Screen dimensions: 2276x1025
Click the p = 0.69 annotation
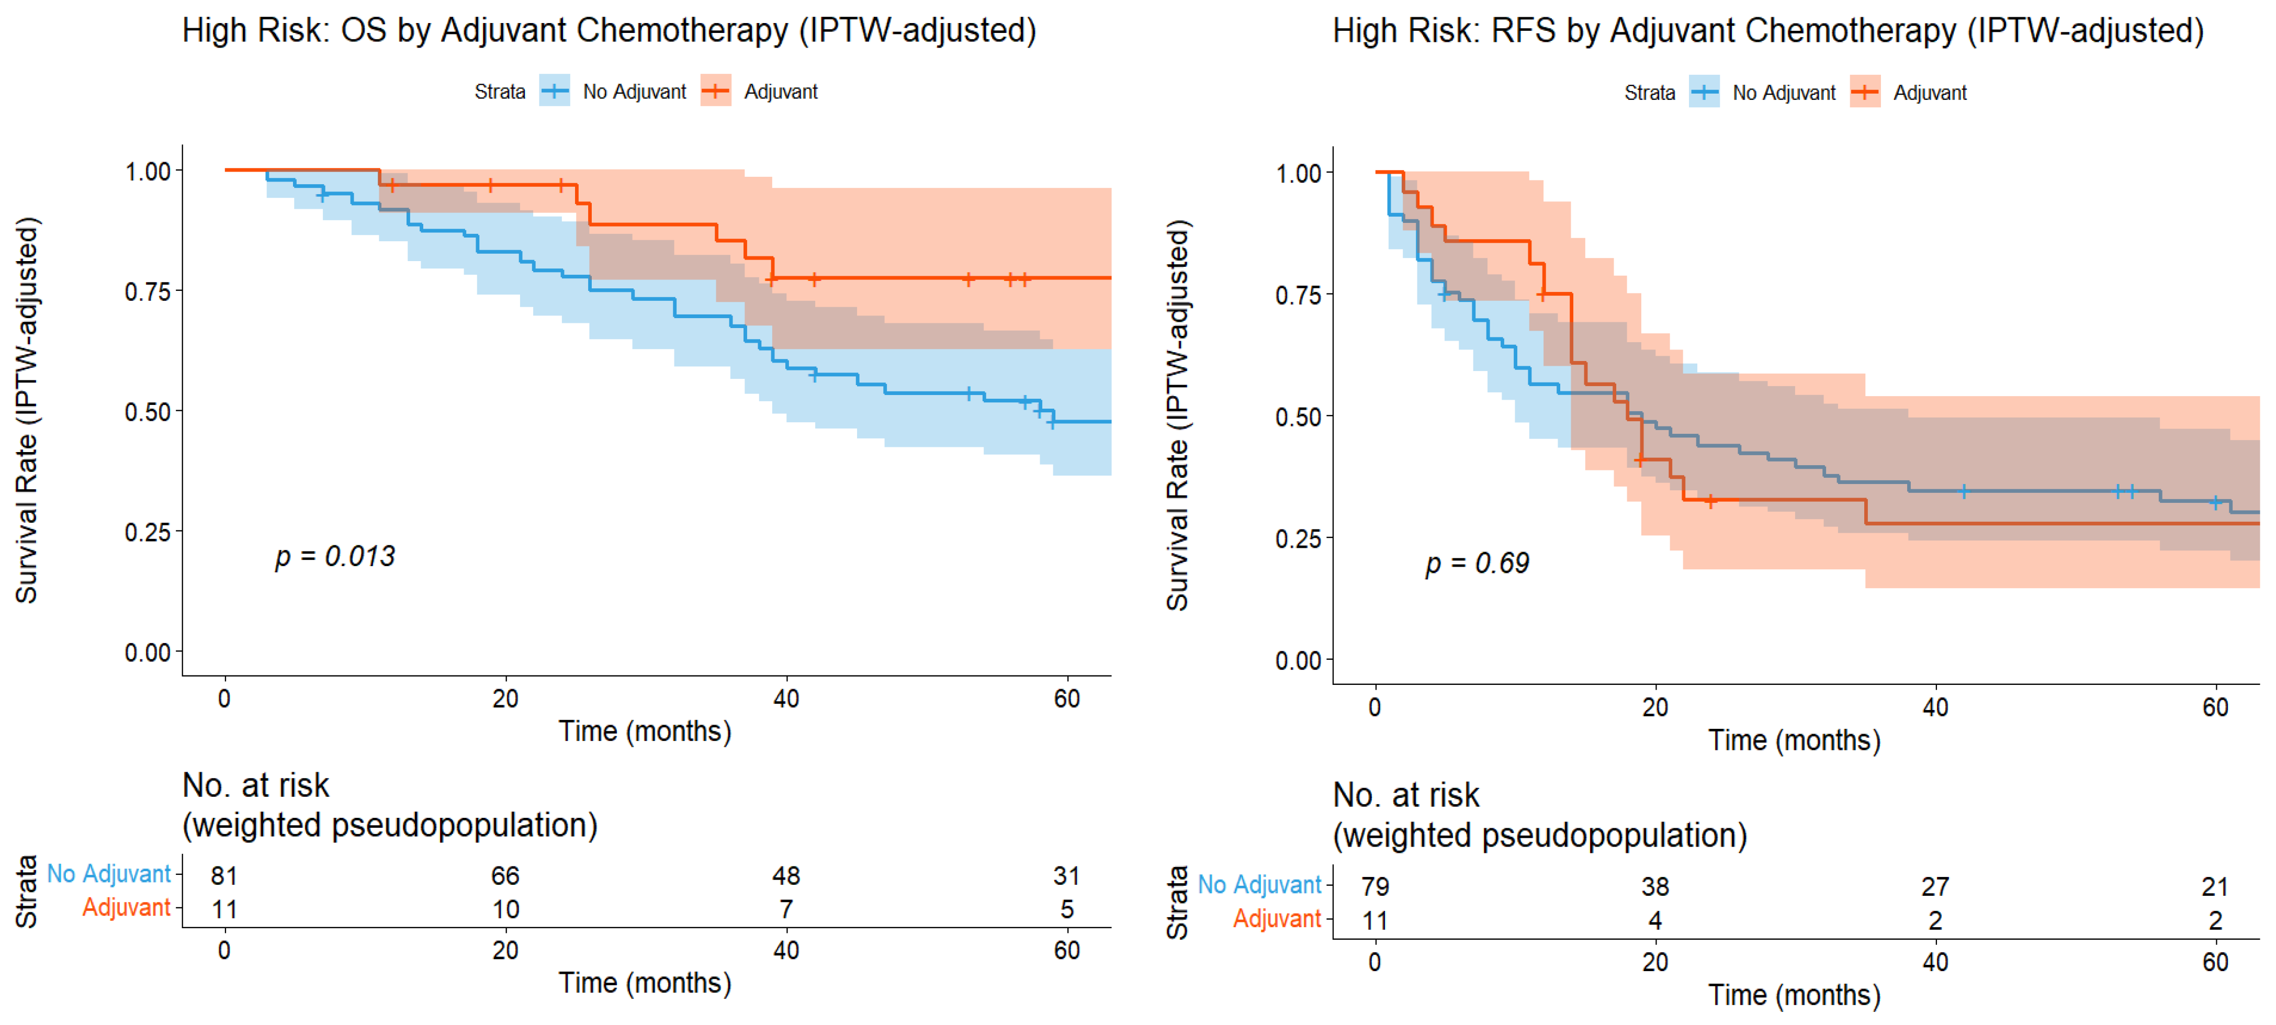1477,564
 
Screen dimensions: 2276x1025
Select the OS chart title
609,31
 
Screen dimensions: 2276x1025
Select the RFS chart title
1768,31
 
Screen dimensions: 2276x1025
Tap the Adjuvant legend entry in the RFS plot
1909,93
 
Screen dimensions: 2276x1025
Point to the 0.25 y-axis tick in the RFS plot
1298,538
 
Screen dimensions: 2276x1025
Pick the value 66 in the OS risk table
505,876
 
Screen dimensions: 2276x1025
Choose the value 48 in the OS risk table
786,876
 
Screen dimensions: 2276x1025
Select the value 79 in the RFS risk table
1375,886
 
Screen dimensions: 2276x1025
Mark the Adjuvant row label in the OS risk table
126,907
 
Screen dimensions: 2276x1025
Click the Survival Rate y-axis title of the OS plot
27,410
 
